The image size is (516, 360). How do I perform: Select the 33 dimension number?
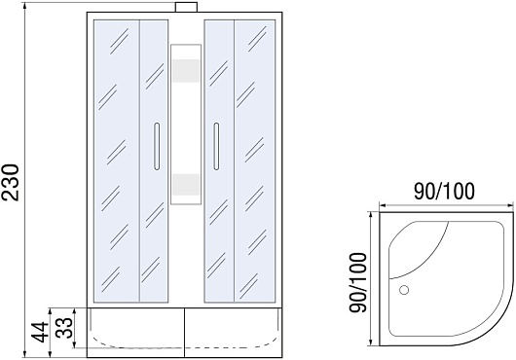[64, 328]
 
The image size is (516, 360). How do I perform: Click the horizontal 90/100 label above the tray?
[444, 192]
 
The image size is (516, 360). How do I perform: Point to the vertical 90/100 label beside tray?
[357, 282]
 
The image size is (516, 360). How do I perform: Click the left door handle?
[157, 146]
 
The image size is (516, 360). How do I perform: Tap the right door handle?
[216, 146]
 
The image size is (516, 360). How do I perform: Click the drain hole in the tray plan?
[404, 290]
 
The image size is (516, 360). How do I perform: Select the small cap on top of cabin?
[186, 7]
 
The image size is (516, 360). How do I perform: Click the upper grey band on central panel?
[186, 71]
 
